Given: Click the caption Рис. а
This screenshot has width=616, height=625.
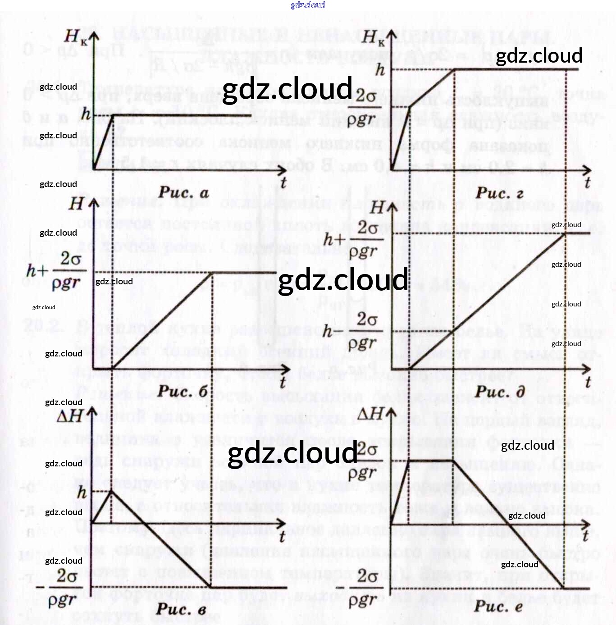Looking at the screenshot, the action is [183, 193].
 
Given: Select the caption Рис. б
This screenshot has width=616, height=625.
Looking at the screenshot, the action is [183, 391].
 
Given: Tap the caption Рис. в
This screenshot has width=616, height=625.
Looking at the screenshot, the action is [182, 609].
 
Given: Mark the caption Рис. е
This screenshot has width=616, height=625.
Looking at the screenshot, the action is [498, 606].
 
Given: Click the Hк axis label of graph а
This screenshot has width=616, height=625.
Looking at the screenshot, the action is [75, 37].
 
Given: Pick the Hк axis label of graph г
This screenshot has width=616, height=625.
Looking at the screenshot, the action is [373, 37].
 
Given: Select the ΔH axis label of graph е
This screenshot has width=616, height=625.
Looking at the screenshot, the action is [370, 413].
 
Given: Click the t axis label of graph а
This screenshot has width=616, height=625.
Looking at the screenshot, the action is [283, 182].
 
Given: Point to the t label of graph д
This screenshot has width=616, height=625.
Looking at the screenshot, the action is [588, 382].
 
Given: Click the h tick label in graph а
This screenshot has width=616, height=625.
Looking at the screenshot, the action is [86, 114].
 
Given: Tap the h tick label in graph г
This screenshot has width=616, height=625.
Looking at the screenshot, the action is [380, 70].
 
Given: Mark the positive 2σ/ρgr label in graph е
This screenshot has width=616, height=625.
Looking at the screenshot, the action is [366, 461].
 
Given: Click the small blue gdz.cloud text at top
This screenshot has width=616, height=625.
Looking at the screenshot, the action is [308, 5].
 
